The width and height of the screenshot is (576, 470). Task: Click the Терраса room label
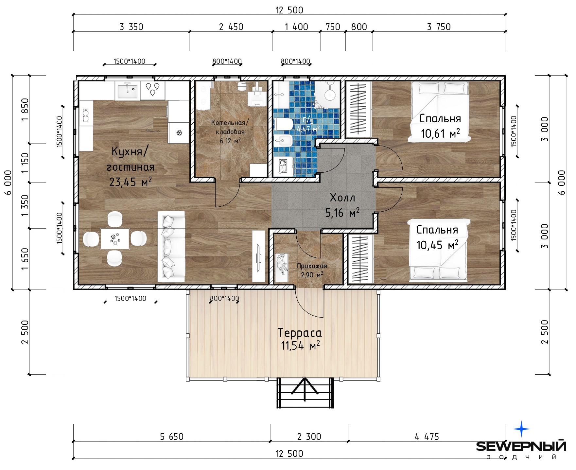tap(300, 333)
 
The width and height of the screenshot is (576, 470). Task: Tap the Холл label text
tap(342, 198)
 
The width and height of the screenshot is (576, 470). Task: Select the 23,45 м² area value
tap(130, 182)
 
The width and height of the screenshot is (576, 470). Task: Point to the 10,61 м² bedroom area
tap(440, 133)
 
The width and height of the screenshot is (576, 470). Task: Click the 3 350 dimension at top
tap(131, 27)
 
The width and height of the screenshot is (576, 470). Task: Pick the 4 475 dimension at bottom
tap(427, 437)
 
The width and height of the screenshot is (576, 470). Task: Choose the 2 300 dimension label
tap(309, 437)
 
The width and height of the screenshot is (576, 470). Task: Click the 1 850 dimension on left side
tap(25, 110)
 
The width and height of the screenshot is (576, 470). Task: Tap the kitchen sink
tap(127, 91)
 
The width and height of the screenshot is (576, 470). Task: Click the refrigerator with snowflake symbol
tap(179, 133)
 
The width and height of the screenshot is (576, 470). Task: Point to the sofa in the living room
tap(171, 247)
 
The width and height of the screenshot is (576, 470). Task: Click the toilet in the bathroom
tap(284, 124)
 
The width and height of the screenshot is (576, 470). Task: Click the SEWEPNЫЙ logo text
tap(521, 446)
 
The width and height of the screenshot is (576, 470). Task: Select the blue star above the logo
tap(521, 429)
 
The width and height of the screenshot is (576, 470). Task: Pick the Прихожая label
tap(312, 266)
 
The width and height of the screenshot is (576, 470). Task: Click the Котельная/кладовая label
tap(230, 127)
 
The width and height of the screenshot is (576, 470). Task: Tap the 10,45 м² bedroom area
tap(437, 245)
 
